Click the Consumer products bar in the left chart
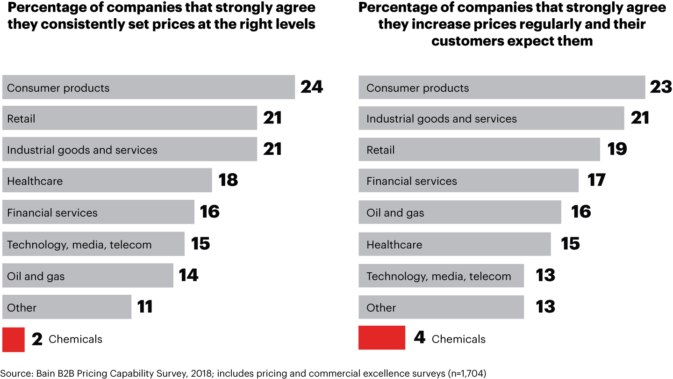point(149,87)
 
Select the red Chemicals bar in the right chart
point(382,338)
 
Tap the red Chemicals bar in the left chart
point(13,340)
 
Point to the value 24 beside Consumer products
point(312,87)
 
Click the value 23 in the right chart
point(661,87)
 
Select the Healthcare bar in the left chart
point(107,181)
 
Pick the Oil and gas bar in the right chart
point(460,212)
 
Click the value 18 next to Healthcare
point(228,180)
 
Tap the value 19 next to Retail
point(617,149)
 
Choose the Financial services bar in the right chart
point(468,181)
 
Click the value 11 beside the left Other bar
point(145,307)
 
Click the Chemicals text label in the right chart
point(458,339)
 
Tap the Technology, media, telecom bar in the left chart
point(93,244)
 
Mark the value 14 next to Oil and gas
point(188,275)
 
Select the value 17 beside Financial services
point(596,180)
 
